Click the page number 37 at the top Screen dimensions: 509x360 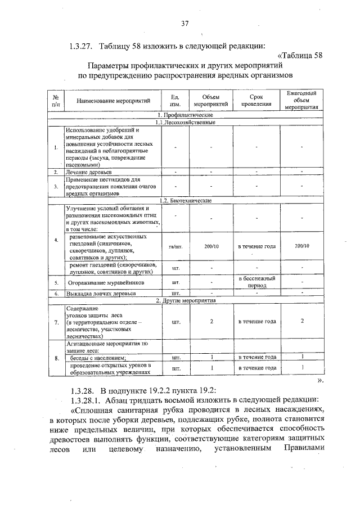tap(184, 23)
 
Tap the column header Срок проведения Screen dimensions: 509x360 tap(256, 101)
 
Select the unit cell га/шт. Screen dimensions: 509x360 tap(175, 246)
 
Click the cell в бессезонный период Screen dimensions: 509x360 tap(256, 281)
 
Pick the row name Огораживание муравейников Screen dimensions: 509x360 tap(106, 282)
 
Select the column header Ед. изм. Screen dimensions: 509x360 tap(175, 101)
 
